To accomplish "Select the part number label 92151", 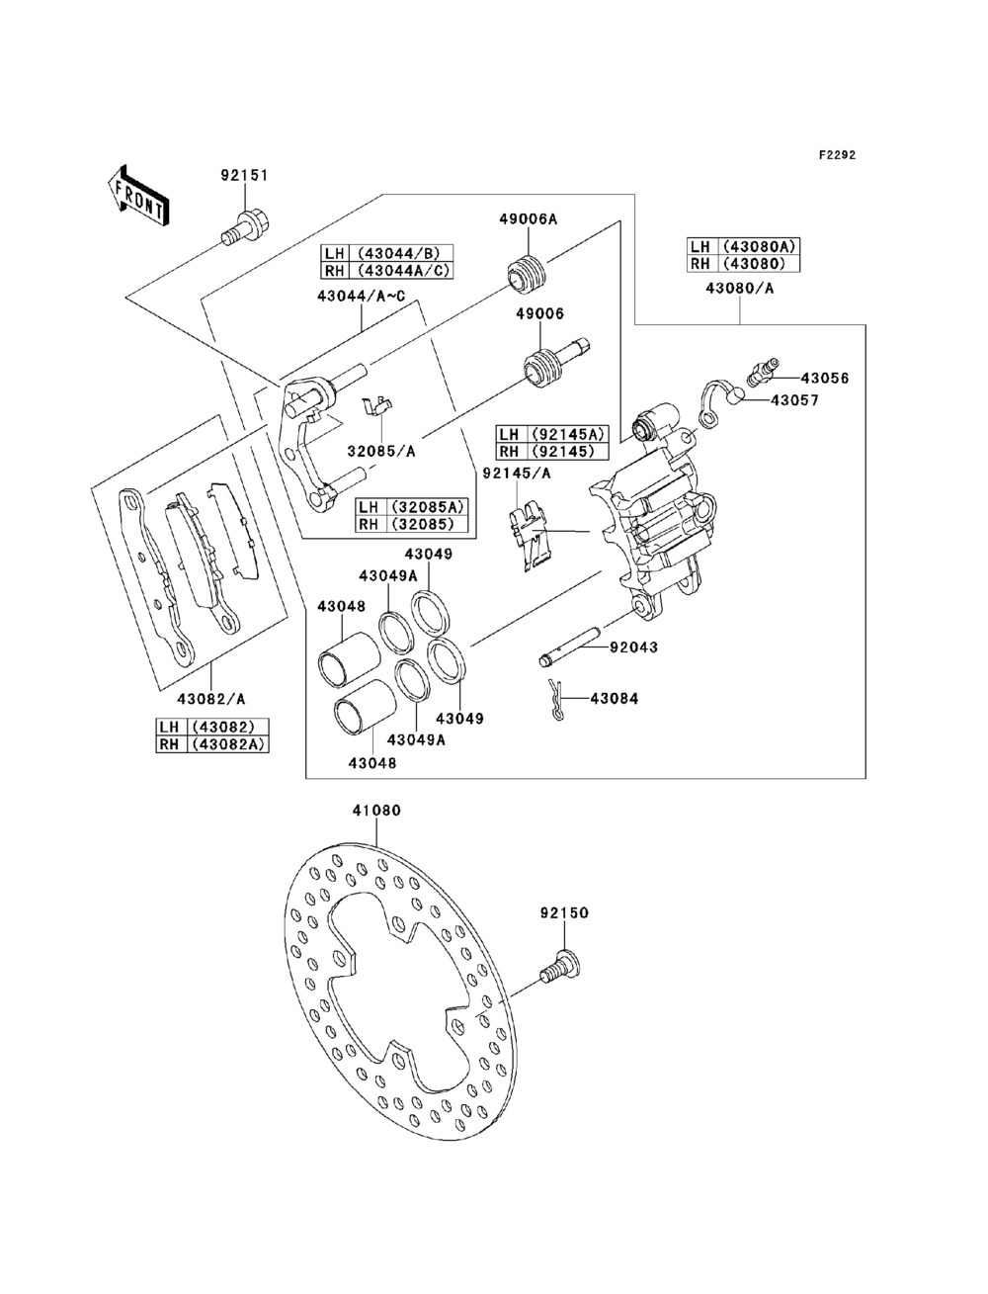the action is point(244,175).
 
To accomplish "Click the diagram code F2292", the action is point(837,155).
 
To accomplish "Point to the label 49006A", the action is point(528,218).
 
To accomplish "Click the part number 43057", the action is point(794,400).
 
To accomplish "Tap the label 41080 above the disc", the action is point(376,810).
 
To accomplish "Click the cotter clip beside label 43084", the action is point(555,699).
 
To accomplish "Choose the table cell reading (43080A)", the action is point(760,246).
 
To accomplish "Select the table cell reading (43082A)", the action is point(227,744).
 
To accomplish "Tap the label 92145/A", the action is point(517,473).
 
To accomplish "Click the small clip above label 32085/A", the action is point(377,405).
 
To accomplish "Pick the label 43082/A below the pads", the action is point(210,699).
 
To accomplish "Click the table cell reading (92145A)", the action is point(568,434).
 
